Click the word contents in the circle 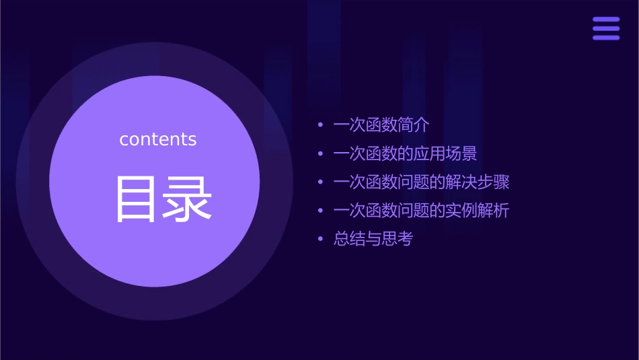[x=157, y=139]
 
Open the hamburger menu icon [x=605, y=28]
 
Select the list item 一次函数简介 [x=381, y=125]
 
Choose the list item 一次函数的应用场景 [x=405, y=154]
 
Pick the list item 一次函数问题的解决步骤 [x=421, y=182]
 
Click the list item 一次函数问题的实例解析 [x=421, y=211]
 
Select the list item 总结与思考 [x=373, y=239]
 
